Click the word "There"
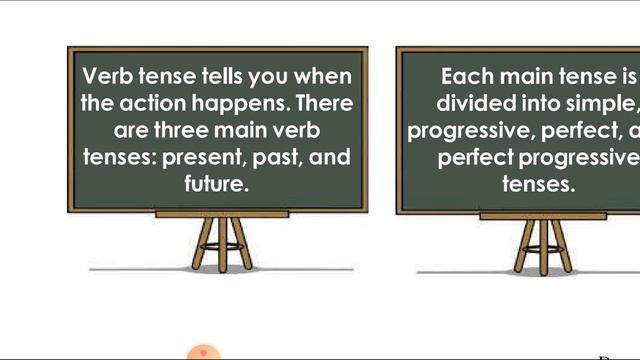click(x=325, y=104)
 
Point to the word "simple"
click(x=606, y=104)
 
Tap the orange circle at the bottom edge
click(x=204, y=352)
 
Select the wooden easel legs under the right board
click(x=541, y=244)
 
